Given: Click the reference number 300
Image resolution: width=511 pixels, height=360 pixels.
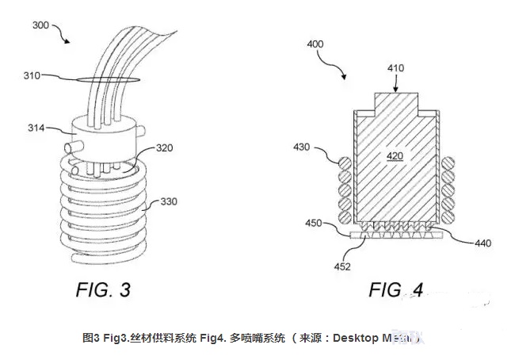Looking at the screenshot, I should click(x=40, y=25).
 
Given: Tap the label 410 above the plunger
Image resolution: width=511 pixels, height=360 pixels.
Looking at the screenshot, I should click(x=395, y=68).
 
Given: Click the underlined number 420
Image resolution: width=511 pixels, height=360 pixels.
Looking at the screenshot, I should click(x=395, y=156).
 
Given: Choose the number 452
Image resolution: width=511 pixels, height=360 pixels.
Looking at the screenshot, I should click(x=343, y=266).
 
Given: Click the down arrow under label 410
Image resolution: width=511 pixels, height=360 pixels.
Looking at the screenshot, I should click(x=395, y=88).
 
